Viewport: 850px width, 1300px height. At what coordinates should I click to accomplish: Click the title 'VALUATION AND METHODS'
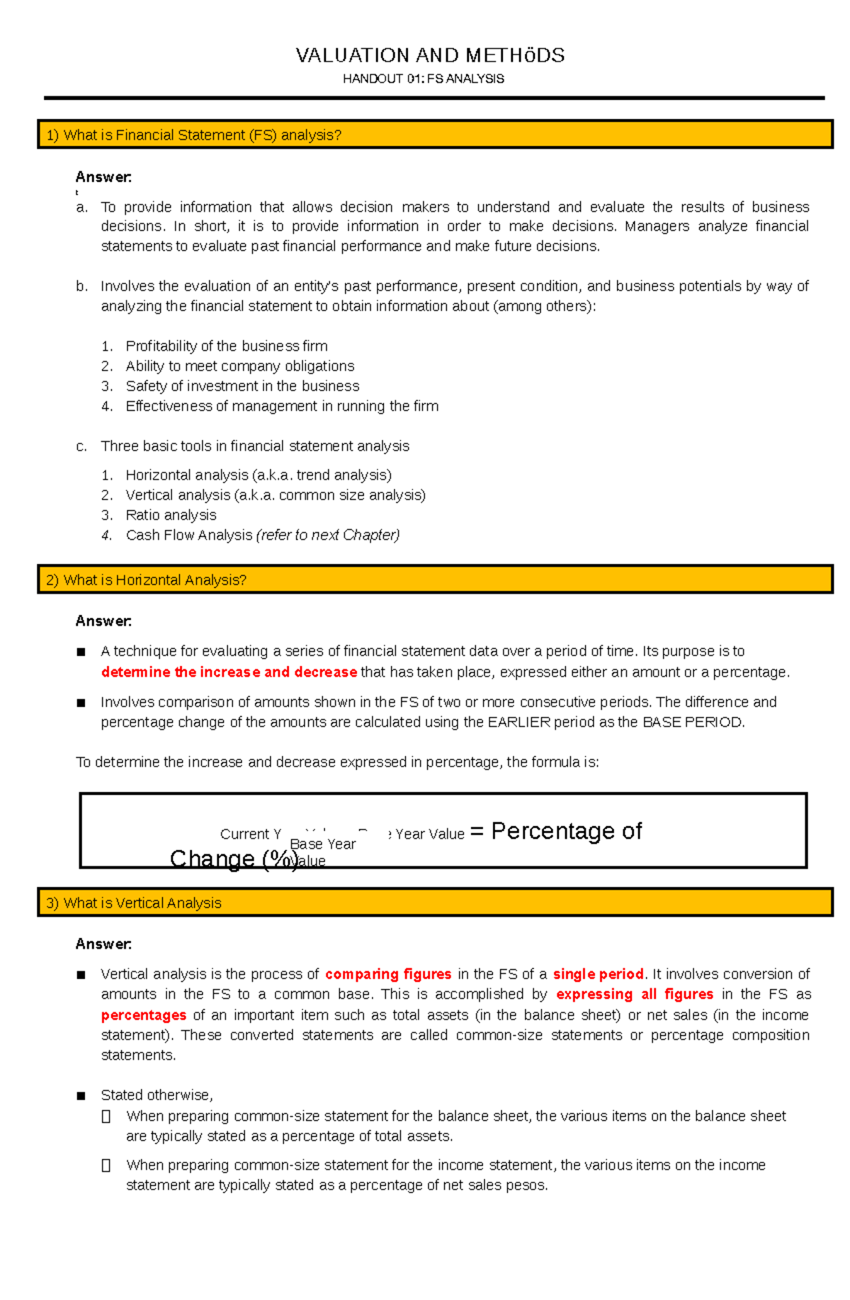pyautogui.click(x=430, y=55)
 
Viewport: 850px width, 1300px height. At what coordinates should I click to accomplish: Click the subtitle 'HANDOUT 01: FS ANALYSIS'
pyautogui.click(x=424, y=79)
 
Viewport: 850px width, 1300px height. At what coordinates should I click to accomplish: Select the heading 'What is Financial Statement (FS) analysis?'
pyautogui.click(x=202, y=135)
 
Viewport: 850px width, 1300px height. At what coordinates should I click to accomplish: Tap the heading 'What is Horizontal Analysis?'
pyautogui.click(x=154, y=580)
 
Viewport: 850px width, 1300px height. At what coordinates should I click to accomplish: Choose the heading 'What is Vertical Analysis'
pyautogui.click(x=142, y=903)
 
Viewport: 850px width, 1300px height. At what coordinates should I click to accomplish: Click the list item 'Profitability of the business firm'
pyautogui.click(x=226, y=346)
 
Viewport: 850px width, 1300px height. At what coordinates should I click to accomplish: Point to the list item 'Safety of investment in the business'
pyautogui.click(x=242, y=386)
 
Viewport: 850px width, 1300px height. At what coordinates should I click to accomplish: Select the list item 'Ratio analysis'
pyautogui.click(x=171, y=515)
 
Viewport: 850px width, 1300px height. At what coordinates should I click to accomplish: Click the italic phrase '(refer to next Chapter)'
pyautogui.click(x=328, y=536)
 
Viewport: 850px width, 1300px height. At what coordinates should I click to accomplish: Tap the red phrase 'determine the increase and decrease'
pyautogui.click(x=229, y=672)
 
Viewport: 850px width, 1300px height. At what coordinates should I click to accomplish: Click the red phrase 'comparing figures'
pyautogui.click(x=388, y=974)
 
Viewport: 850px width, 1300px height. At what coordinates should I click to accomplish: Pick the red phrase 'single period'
pyautogui.click(x=598, y=974)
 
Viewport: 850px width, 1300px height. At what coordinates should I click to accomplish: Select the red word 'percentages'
pyautogui.click(x=143, y=1015)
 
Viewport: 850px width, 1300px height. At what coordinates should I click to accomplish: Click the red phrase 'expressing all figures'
pyautogui.click(x=634, y=994)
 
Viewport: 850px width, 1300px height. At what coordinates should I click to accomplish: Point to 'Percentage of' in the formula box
pyautogui.click(x=566, y=831)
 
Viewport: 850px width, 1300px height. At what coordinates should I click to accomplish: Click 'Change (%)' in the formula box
pyautogui.click(x=234, y=859)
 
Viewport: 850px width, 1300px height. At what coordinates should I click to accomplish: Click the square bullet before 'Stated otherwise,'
pyautogui.click(x=81, y=1096)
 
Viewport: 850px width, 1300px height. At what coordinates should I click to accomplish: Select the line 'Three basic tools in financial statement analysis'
pyautogui.click(x=254, y=446)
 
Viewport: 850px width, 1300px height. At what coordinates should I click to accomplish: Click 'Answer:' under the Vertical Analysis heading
pyautogui.click(x=103, y=944)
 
